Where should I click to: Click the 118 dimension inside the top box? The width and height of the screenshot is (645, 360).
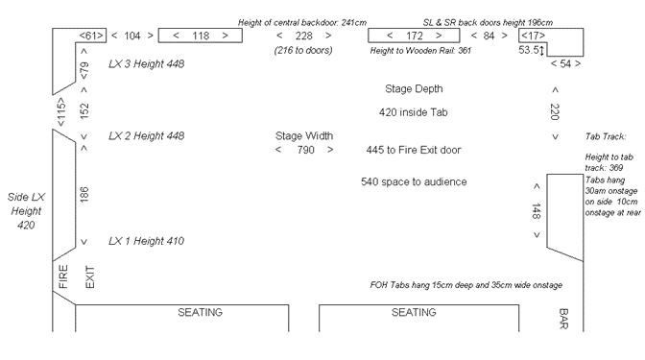200,36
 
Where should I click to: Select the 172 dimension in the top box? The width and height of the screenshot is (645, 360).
415,36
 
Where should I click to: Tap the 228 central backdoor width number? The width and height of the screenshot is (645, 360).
303,36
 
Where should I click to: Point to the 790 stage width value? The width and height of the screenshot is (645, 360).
303,149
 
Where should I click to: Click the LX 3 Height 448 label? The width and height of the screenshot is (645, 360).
145,64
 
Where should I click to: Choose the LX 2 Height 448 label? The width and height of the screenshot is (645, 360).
145,135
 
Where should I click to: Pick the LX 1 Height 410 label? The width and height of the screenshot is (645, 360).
145,241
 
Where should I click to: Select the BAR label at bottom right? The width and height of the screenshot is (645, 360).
564,318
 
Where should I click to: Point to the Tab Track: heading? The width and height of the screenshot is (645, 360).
605,136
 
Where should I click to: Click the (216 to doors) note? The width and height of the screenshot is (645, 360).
304,50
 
